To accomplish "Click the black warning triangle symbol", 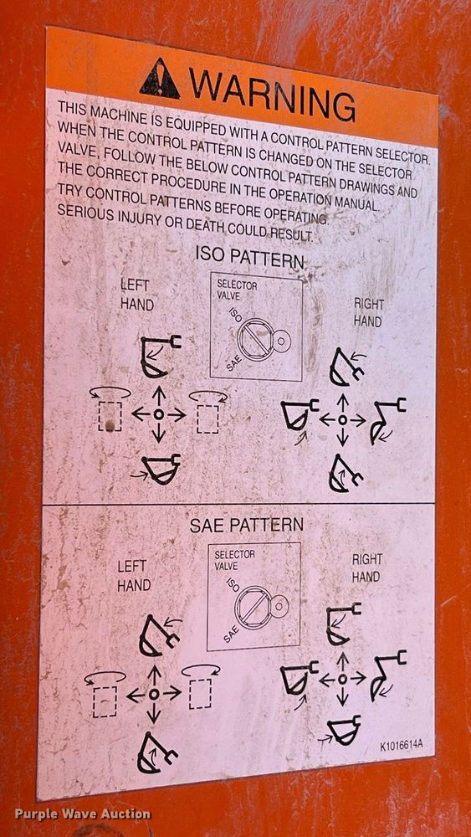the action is point(160,80).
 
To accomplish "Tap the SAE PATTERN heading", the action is point(247,526).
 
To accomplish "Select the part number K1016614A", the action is point(401,745).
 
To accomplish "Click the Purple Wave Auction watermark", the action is point(83,814).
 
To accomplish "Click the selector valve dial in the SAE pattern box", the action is point(256,608).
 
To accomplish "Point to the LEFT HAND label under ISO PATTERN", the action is point(136,294).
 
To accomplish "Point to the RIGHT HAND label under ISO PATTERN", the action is point(368,312).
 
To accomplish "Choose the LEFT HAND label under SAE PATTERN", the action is point(134,576).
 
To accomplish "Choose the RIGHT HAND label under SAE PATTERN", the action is point(366,568).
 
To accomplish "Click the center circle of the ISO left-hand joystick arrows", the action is point(158,413).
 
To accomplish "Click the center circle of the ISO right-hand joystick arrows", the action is point(342,419).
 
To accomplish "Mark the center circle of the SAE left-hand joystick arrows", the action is point(154,694).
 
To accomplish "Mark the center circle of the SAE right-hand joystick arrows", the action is point(342,679).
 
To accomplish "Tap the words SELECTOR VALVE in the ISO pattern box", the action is point(236,289).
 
